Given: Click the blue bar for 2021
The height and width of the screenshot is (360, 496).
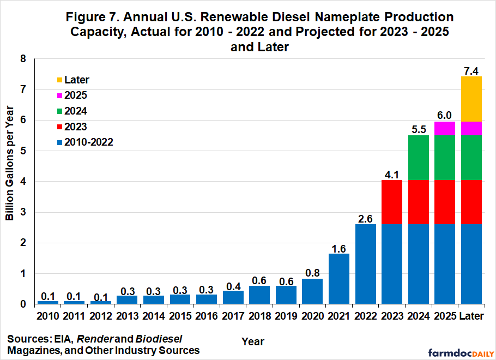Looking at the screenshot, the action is tap(339, 279).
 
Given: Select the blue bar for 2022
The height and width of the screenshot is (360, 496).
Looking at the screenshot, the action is tap(366, 264).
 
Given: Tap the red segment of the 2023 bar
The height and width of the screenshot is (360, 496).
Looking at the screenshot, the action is tap(392, 202).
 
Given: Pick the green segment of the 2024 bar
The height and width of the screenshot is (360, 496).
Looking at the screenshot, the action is tap(419, 158).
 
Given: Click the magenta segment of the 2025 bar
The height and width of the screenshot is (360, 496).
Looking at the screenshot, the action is tap(445, 129).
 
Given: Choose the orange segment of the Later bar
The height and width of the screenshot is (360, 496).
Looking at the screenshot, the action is tap(471, 99).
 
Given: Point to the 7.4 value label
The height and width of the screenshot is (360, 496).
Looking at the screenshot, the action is tap(471, 71).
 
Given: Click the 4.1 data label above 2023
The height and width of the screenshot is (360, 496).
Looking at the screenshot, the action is tap(392, 175).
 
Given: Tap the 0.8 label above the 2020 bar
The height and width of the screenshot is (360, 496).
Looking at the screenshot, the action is tap(312, 273).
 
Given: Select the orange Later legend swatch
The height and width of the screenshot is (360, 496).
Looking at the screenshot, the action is tap(59, 80).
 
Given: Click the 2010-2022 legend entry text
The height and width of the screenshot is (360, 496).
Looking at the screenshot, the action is tap(88, 142).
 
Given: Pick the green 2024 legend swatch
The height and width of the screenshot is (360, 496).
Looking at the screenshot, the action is tap(59, 111).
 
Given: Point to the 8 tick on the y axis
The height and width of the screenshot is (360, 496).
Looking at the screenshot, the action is tap(23, 58).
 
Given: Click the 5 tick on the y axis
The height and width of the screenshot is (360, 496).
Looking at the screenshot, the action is tap(23, 151).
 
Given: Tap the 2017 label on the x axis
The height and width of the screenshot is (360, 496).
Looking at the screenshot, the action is tap(233, 316).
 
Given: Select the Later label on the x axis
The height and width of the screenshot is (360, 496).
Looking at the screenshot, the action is tap(471, 316).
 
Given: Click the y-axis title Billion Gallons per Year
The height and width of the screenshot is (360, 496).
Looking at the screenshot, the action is tap(10, 163).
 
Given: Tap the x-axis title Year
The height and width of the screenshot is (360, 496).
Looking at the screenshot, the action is tap(253, 341).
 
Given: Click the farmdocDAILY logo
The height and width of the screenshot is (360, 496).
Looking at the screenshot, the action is tap(461, 353).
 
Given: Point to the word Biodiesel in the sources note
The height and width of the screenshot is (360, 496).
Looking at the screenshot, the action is tap(159, 339).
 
